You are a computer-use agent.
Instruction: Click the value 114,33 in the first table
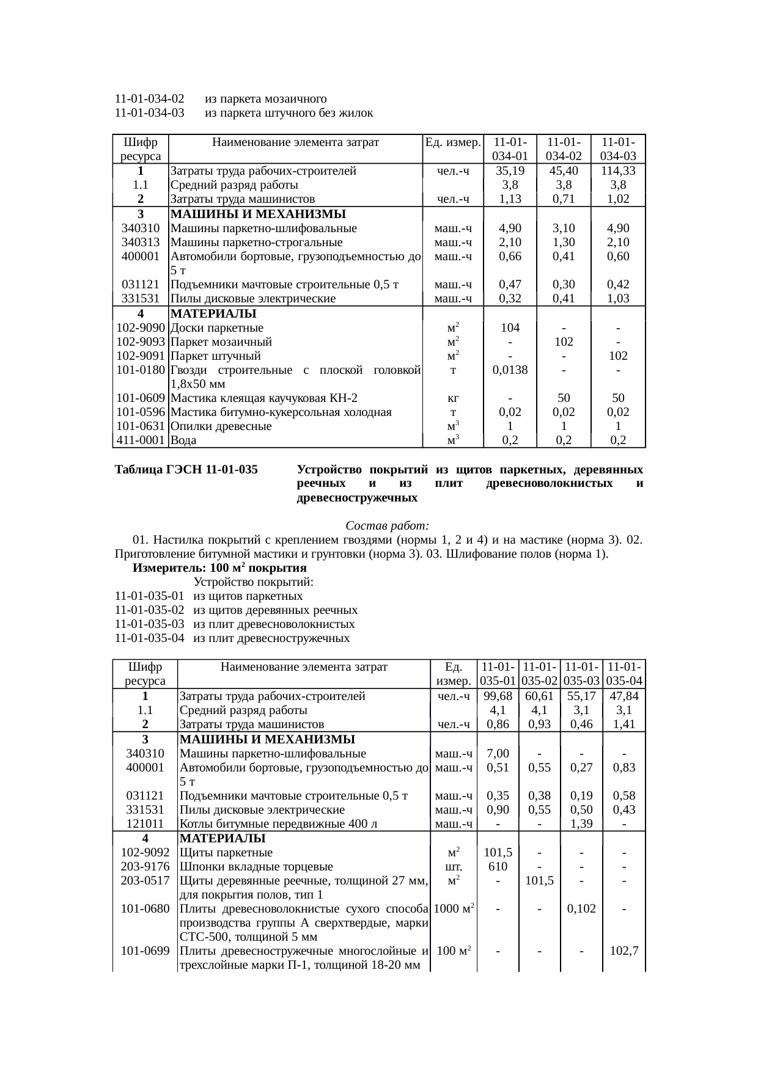(x=618, y=171)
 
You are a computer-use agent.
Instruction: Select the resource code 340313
(x=141, y=242)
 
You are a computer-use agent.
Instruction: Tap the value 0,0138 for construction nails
(x=510, y=370)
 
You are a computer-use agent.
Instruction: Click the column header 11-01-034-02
(x=563, y=149)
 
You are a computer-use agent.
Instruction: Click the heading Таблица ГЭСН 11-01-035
(x=186, y=470)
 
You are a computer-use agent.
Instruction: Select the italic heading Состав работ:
(x=387, y=526)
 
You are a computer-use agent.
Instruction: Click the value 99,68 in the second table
(x=498, y=696)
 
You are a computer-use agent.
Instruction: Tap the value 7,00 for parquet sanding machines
(x=498, y=753)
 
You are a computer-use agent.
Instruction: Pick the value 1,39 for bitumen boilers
(x=581, y=824)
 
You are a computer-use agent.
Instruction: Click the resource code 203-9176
(x=145, y=867)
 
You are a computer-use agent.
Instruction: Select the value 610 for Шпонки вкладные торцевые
(x=498, y=867)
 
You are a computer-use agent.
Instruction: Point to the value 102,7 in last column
(x=624, y=951)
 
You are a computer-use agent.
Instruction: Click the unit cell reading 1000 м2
(x=454, y=909)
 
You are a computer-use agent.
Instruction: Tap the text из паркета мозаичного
(x=265, y=99)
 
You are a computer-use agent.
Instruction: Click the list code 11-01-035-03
(x=149, y=624)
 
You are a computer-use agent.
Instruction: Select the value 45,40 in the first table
(x=563, y=171)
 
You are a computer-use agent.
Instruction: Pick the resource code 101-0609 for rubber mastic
(x=141, y=398)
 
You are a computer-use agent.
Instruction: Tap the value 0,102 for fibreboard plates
(x=581, y=909)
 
